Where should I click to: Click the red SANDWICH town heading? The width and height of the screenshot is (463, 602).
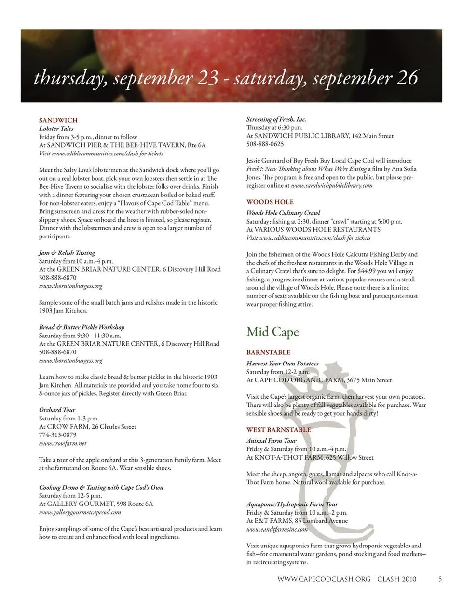pyautogui.click(x=58, y=120)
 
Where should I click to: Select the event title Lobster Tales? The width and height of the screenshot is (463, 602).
pyautogui.click(x=56, y=128)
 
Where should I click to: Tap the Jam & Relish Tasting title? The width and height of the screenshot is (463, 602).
pyautogui.click(x=67, y=252)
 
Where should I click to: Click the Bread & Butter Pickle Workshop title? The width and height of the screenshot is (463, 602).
pyautogui.click(x=82, y=327)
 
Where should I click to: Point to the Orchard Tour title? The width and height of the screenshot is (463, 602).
pyautogui.click(x=57, y=410)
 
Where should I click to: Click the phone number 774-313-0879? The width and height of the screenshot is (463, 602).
pyautogui.click(x=57, y=434)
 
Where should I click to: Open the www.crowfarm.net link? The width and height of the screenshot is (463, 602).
pyautogui.click(x=63, y=443)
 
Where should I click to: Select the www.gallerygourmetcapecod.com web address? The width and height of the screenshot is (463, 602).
pyautogui.click(x=80, y=512)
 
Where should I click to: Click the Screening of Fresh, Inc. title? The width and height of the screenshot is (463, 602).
pyautogui.click(x=276, y=119)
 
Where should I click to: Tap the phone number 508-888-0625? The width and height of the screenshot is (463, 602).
pyautogui.click(x=265, y=144)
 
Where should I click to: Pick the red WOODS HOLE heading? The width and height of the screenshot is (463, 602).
pyautogui.click(x=270, y=202)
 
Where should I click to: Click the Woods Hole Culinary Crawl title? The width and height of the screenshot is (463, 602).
pyautogui.click(x=283, y=213)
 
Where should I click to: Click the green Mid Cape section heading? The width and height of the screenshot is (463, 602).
pyautogui.click(x=272, y=332)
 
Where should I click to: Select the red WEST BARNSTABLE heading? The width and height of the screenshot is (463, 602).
pyautogui.click(x=278, y=430)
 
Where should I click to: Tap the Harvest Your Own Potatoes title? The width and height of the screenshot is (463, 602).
pyautogui.click(x=282, y=364)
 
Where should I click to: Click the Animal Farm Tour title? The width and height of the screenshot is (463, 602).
pyautogui.click(x=271, y=441)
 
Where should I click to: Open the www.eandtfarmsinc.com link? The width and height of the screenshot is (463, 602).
pyautogui.click(x=276, y=529)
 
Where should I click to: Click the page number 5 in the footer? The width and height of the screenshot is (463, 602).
pyautogui.click(x=440, y=579)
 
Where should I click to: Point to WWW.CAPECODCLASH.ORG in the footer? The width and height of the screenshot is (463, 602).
pyautogui.click(x=324, y=579)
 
